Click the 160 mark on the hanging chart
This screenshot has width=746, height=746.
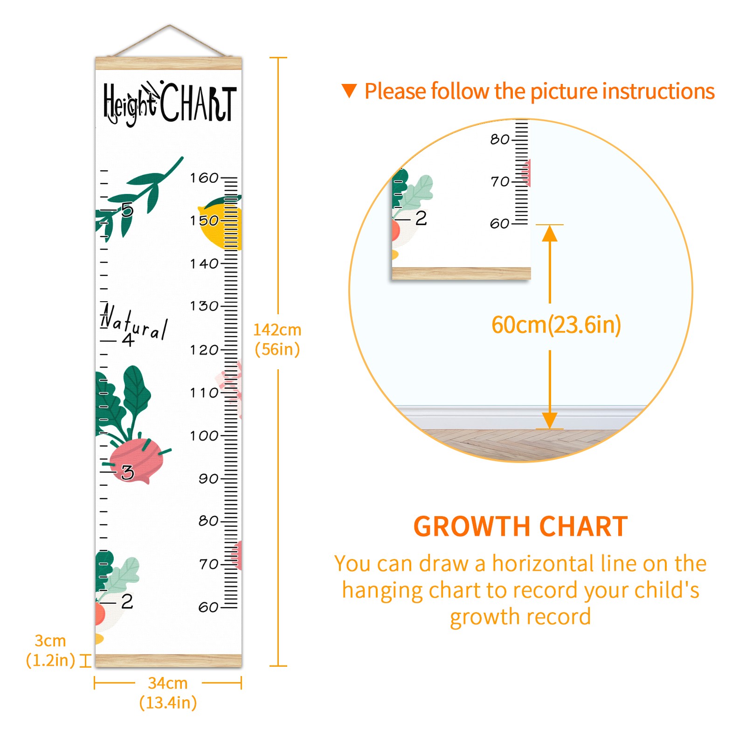[x=204, y=178]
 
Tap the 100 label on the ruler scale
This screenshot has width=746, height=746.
[x=204, y=435]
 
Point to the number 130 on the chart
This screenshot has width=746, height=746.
[x=204, y=306]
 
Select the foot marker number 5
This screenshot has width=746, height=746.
[x=127, y=210]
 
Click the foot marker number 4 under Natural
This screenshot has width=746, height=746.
[x=128, y=339]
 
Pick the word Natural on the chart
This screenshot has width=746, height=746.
[x=134, y=322]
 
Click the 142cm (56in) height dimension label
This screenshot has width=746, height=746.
[x=277, y=339]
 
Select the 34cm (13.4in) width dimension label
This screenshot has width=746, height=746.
[x=168, y=693]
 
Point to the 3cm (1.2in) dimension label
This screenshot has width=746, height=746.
[x=50, y=650]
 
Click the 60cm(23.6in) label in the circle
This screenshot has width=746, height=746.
[x=556, y=325]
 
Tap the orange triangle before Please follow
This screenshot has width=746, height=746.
[x=349, y=91]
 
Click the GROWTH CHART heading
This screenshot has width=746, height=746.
[x=521, y=527]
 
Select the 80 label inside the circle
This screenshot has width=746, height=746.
[x=500, y=139]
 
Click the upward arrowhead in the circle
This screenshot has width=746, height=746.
[x=550, y=233]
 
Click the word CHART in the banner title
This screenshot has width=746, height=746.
[x=199, y=103]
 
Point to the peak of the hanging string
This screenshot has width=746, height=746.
[x=170, y=25]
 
